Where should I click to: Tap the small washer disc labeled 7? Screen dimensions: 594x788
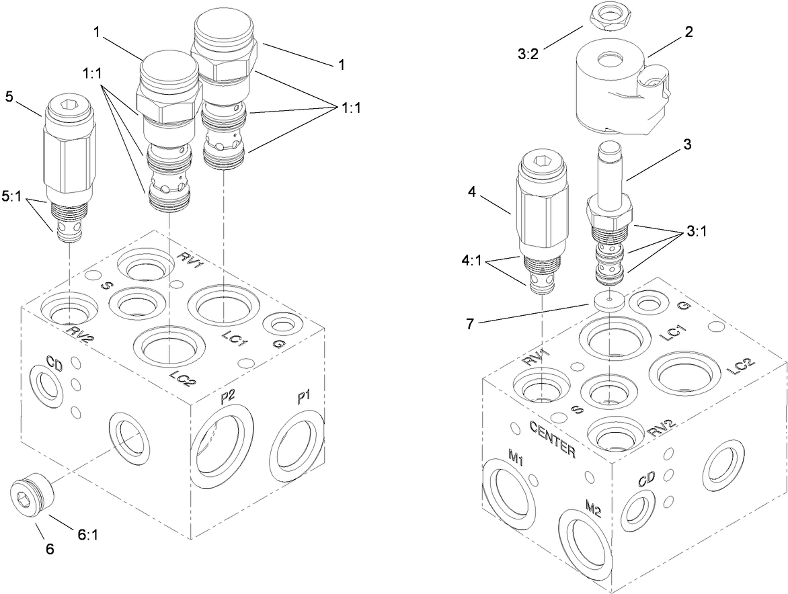point(608,300)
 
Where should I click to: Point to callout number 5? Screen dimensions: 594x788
point(9,96)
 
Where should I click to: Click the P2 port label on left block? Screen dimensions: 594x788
point(227,397)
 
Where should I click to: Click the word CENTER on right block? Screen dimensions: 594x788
point(553,438)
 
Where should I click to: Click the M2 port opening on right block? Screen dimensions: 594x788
point(584,544)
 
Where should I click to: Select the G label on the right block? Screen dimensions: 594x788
point(683,306)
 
